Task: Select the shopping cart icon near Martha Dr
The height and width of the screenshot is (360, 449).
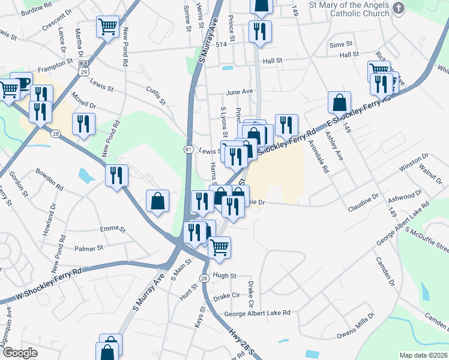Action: [107, 26]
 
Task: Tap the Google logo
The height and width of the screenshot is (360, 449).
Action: [20, 353]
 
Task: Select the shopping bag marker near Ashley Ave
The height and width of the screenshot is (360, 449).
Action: [339, 103]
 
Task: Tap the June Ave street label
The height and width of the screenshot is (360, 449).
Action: [240, 92]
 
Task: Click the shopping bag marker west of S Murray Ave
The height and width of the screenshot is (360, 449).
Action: [157, 202]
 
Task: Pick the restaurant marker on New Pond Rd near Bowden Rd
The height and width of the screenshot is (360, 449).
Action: [116, 175]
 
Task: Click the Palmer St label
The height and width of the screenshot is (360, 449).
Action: [89, 247]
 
